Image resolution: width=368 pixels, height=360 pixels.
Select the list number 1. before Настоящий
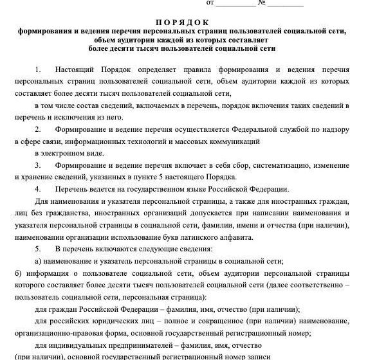pyautogui.click(x=38, y=68)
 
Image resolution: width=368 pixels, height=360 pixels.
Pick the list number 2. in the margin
pyautogui.click(x=38, y=130)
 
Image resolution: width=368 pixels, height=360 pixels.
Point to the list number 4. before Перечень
pyautogui.click(x=38, y=189)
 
